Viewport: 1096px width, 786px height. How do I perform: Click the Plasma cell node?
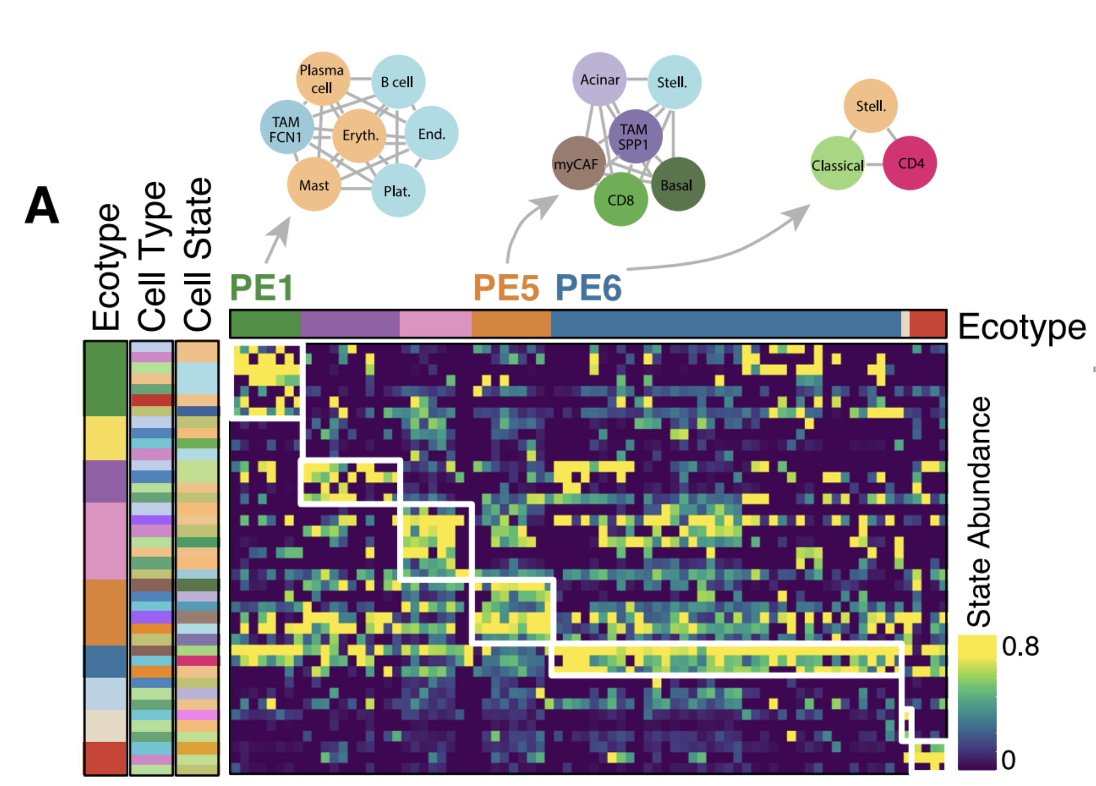(322, 79)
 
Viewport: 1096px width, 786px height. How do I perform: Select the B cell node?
(398, 82)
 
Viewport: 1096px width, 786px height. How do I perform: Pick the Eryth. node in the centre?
(360, 135)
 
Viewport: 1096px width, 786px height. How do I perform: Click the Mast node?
(314, 185)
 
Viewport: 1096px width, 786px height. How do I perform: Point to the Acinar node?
(599, 80)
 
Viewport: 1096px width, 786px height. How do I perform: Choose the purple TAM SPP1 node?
(635, 136)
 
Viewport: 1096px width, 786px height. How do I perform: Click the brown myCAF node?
(577, 164)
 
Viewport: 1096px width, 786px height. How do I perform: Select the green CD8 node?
(621, 200)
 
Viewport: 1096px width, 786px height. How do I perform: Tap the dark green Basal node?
(678, 185)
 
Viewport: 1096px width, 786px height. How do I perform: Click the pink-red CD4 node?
(910, 163)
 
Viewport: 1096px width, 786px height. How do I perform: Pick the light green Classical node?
(837, 165)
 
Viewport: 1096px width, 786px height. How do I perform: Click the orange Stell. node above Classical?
(871, 106)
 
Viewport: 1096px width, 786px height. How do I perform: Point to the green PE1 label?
(261, 287)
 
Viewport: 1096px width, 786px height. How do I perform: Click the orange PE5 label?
(506, 287)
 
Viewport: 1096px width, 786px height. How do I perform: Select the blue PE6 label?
(589, 287)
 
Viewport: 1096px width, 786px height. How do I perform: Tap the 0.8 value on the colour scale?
(1020, 647)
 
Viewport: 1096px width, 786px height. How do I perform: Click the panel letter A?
(42, 205)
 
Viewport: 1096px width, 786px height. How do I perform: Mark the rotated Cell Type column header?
(152, 256)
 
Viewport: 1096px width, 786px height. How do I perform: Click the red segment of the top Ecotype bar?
(927, 324)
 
